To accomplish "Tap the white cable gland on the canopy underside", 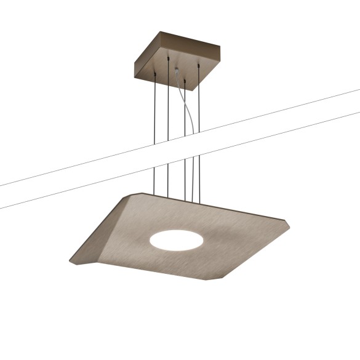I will (179, 73).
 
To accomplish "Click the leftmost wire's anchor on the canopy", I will (154, 73).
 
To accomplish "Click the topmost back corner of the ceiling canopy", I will (162, 32).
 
